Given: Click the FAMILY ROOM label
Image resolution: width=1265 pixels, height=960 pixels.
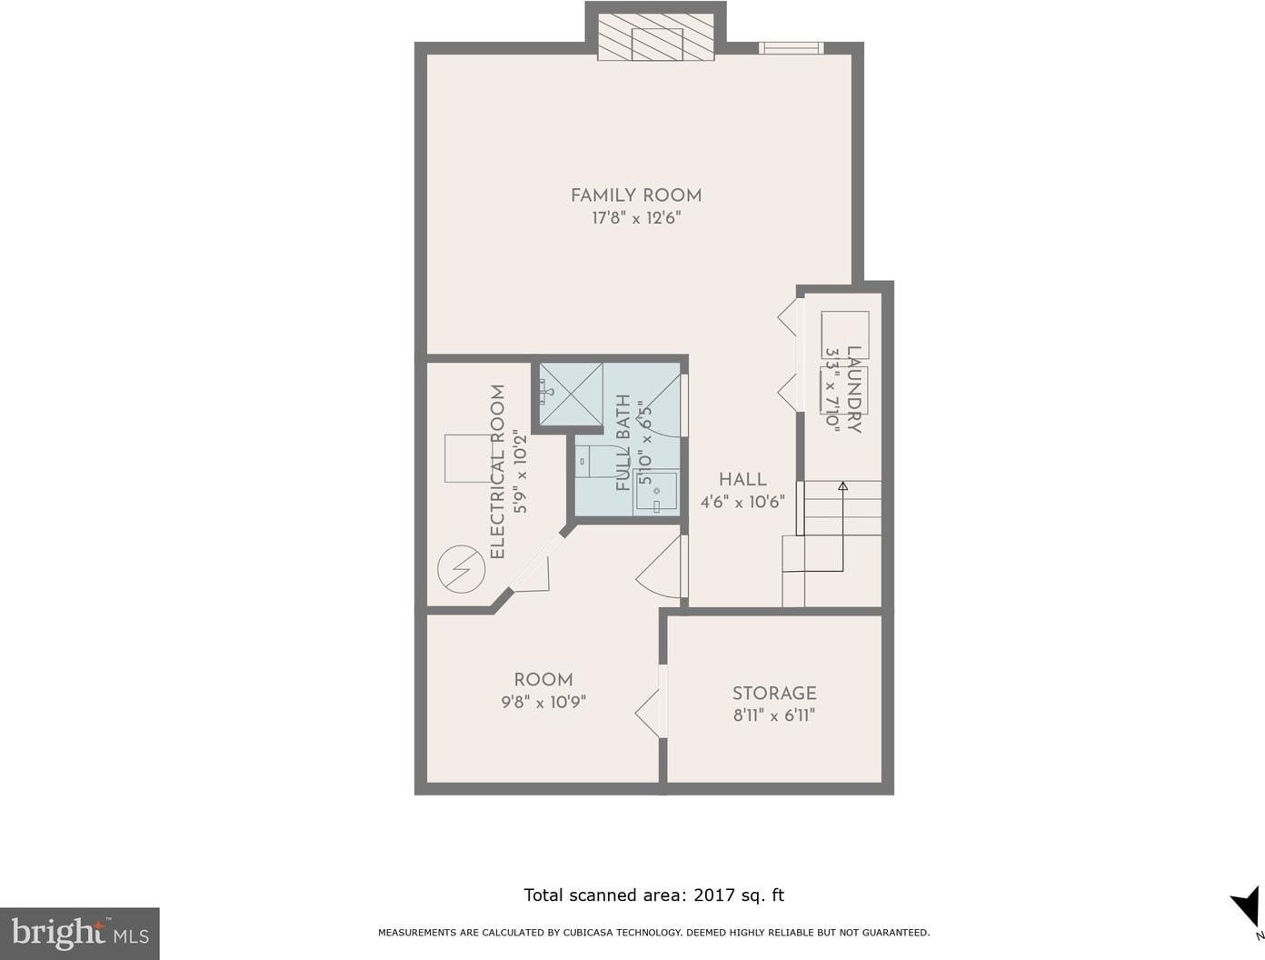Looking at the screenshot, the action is click(636, 196).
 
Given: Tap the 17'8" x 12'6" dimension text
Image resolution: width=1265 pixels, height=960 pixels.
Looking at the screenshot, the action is click(636, 218).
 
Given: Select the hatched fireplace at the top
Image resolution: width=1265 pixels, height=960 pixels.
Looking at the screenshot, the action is click(656, 37).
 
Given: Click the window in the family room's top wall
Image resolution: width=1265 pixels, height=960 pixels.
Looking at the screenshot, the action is click(791, 48).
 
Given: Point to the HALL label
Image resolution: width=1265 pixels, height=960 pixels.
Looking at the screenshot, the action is click(742, 479).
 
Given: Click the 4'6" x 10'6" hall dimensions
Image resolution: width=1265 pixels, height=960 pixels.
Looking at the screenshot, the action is click(742, 502).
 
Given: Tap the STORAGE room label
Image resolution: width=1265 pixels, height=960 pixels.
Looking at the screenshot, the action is click(774, 693).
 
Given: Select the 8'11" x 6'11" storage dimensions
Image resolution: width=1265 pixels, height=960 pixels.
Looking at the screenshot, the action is click(774, 715).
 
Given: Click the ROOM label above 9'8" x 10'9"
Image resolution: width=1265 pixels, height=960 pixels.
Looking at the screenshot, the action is click(543, 680).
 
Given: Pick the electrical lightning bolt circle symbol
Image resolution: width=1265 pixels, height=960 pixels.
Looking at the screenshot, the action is click(461, 569).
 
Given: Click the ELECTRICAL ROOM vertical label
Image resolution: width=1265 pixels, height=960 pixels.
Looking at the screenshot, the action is click(497, 472).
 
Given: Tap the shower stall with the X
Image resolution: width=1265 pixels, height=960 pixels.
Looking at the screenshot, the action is click(571, 395).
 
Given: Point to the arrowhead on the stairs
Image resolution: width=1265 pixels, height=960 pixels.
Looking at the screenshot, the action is click(842, 486).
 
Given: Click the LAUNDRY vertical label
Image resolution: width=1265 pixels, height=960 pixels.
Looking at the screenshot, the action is click(853, 390).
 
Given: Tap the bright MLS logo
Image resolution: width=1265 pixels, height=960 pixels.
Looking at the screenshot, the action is click(80, 934).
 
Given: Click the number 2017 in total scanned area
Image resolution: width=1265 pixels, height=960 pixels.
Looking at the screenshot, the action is click(714, 895).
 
